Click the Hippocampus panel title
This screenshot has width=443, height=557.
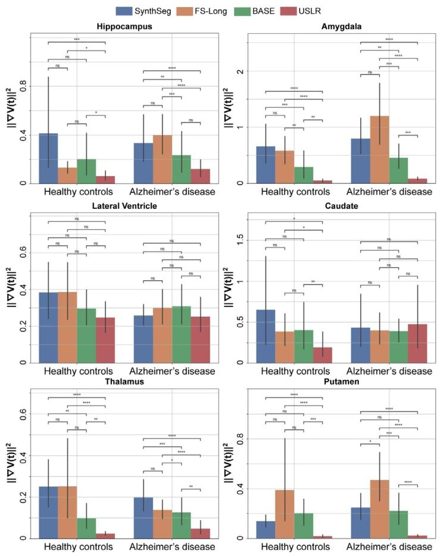(124, 26)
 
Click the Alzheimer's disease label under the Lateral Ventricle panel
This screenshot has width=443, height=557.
(172, 371)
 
